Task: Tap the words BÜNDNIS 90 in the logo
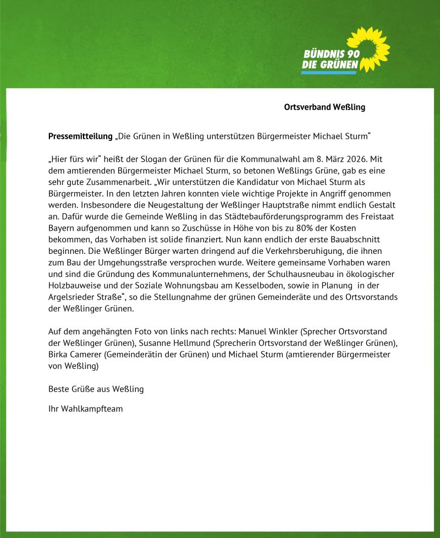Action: pos(332,55)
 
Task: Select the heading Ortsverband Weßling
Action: pos(324,107)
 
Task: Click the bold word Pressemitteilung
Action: pos(80,135)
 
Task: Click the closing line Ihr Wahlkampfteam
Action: pos(86,409)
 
